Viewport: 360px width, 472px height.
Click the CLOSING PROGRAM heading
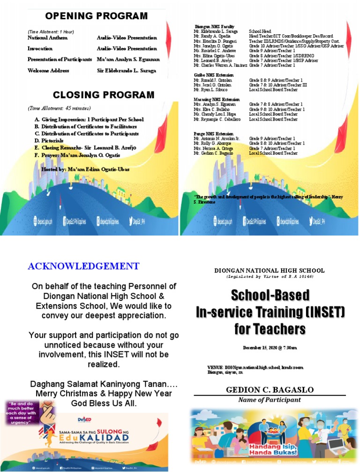(x=104, y=95)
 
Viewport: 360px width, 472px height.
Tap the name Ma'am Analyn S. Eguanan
(x=128, y=60)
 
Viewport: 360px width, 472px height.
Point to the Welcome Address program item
(x=48, y=71)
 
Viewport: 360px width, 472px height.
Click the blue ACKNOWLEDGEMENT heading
(x=83, y=266)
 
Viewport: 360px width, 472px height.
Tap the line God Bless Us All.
(x=104, y=403)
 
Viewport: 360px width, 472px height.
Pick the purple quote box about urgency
(x=29, y=412)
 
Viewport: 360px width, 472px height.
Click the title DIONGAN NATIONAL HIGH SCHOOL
(x=269, y=271)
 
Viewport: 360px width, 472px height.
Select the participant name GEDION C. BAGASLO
(x=270, y=390)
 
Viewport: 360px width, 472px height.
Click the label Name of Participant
(x=270, y=400)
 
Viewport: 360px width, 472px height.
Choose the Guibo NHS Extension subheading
(x=213, y=75)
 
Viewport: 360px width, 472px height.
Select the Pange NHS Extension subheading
(x=214, y=134)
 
